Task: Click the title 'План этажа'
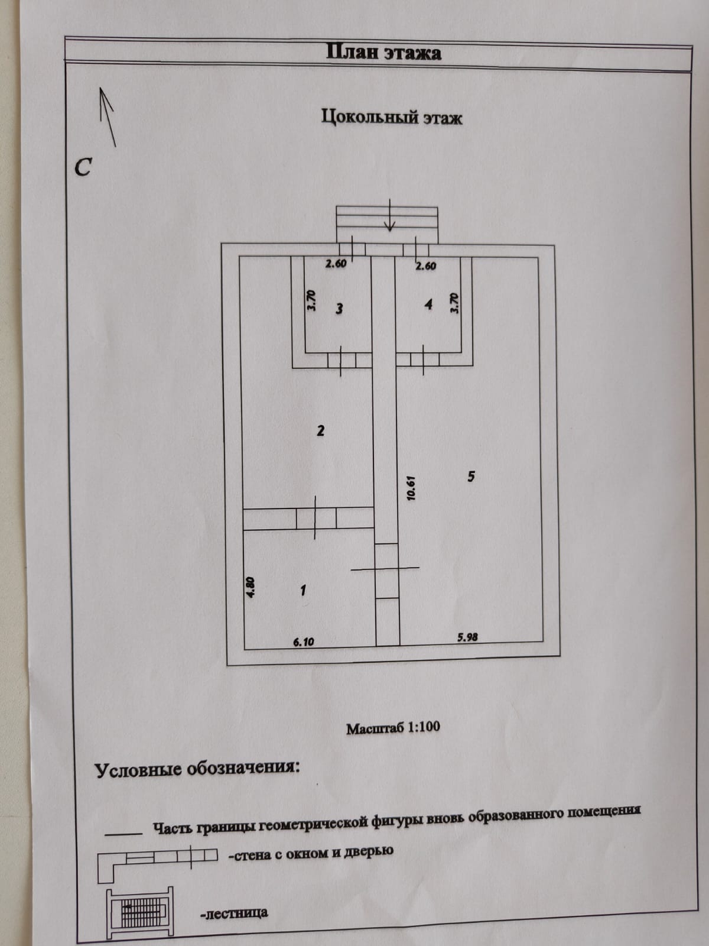(x=383, y=52)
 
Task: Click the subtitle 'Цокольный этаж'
(x=392, y=116)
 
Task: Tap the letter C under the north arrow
(x=83, y=167)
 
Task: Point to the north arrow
(x=108, y=117)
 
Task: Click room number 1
(x=303, y=589)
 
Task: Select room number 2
(x=320, y=430)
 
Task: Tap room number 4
(x=429, y=304)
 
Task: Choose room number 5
(x=471, y=476)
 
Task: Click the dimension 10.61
(x=412, y=488)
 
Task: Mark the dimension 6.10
(x=303, y=642)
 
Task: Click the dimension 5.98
(x=467, y=637)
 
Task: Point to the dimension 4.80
(x=251, y=588)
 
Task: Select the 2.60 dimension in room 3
(x=336, y=264)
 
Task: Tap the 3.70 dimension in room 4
(x=454, y=303)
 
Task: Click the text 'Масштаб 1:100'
(x=393, y=727)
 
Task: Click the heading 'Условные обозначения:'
(x=197, y=769)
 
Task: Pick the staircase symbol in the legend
(x=140, y=913)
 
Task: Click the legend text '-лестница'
(x=234, y=913)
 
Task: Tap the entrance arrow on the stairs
(x=389, y=222)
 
